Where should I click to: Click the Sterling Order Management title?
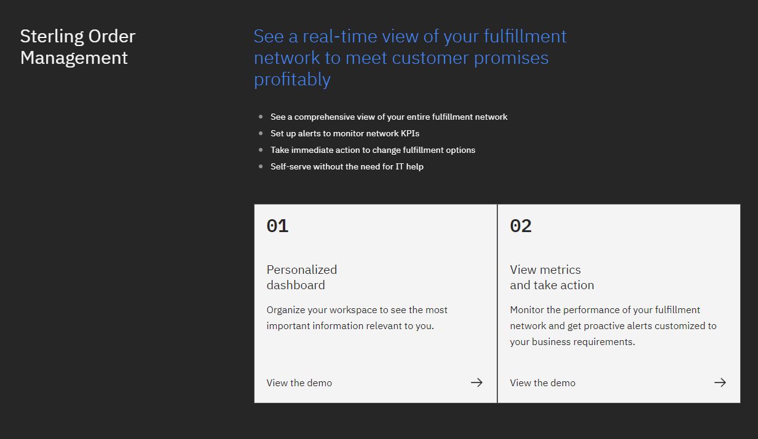pos(77,47)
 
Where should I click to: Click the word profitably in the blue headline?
pos(292,80)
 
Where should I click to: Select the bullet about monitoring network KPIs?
pos(345,133)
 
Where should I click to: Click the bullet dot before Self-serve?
pos(261,166)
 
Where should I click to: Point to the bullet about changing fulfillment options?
pos(373,150)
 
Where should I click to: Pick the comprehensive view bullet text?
pos(389,117)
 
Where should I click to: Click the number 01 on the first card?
pos(277,226)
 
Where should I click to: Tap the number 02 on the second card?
pos(521,226)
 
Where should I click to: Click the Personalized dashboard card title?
pos(302,278)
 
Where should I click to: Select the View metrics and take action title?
pos(552,278)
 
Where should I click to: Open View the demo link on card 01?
pos(299,383)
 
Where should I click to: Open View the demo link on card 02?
pos(543,383)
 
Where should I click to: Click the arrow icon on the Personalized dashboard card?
pos(477,383)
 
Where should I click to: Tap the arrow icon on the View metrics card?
pos(720,383)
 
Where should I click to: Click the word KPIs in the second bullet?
pos(410,133)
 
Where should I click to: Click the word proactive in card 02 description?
pos(604,326)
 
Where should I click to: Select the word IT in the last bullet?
pos(400,166)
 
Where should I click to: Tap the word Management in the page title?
pos(74,58)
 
